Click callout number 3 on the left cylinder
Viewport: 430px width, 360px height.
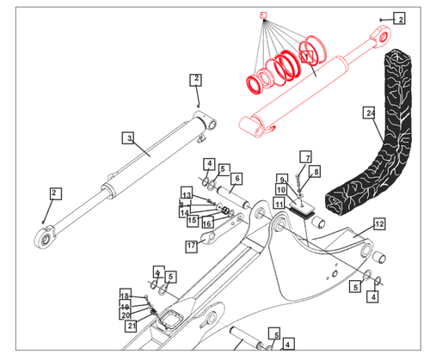pos(127,137)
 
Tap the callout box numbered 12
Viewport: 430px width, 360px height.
pos(379,223)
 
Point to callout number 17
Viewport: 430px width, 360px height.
pos(193,246)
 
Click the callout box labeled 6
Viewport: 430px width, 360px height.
pos(236,178)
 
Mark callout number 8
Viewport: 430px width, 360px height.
pos(316,172)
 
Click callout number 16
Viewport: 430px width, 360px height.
pos(207,223)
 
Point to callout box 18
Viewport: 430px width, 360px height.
pos(125,296)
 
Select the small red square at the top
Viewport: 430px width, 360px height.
pos(264,15)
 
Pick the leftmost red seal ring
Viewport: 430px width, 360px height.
pos(255,83)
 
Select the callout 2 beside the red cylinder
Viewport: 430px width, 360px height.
pos(399,17)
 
